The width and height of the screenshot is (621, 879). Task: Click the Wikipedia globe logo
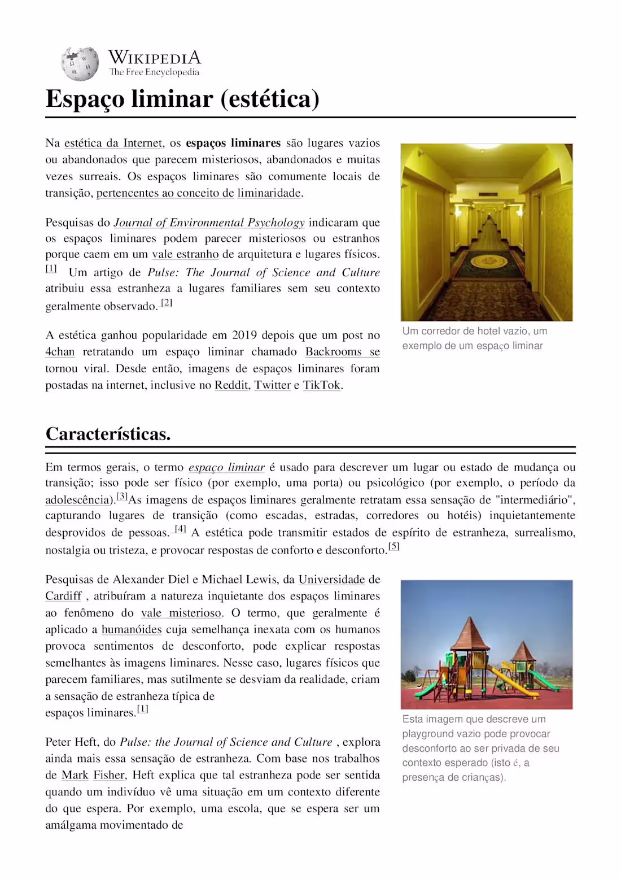(x=80, y=64)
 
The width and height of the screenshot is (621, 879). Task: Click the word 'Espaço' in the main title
(x=85, y=99)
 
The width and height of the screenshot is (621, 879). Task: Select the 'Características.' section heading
(x=108, y=434)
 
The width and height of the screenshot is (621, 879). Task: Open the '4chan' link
(x=60, y=352)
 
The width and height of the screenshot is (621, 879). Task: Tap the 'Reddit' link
(x=231, y=385)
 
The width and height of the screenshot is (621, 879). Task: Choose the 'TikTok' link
(x=322, y=385)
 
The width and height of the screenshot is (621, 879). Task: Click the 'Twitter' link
(x=272, y=385)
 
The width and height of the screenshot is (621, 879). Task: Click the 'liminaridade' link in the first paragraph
(x=269, y=193)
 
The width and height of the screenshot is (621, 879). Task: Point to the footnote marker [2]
(x=167, y=303)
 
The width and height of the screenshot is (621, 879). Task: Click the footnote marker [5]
(x=393, y=546)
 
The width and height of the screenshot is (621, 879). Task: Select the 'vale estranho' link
(x=185, y=254)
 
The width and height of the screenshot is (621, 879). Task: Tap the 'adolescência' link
(x=77, y=500)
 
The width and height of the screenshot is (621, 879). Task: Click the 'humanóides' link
(x=132, y=629)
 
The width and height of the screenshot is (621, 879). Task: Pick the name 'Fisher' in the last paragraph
(x=110, y=775)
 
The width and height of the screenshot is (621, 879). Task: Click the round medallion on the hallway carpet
(x=487, y=260)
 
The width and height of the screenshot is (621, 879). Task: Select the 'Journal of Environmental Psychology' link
(x=209, y=223)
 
